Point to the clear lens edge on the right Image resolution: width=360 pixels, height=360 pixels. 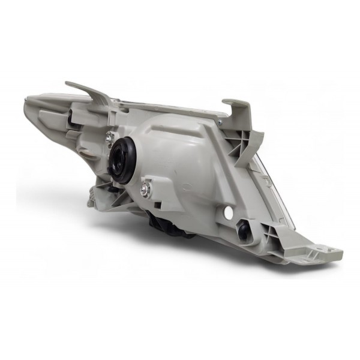(x=264, y=168)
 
